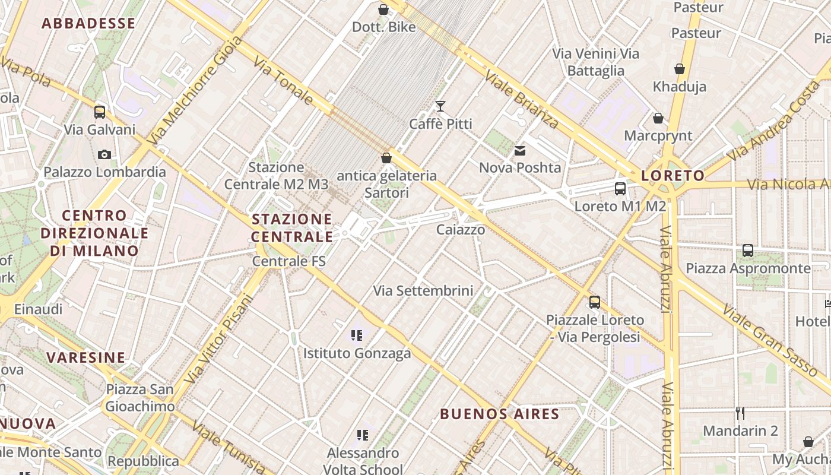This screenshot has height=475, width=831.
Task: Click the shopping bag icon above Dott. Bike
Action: coord(383,9)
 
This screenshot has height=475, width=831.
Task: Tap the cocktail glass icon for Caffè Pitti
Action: coord(440,106)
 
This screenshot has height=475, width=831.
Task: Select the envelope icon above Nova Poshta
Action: coord(520,151)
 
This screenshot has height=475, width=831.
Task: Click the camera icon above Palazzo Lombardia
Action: coord(104,155)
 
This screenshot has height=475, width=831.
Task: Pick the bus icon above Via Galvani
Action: coord(100,112)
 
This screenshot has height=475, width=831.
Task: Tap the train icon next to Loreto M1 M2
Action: coord(620,189)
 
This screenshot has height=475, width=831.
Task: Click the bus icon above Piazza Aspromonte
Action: coord(748,251)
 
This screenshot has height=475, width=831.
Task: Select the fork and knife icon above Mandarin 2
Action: coord(740,413)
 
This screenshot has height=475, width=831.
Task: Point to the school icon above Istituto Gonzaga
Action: coord(357,335)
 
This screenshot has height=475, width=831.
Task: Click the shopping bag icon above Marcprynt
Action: coord(658,118)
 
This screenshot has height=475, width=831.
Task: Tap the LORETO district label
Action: coord(673,176)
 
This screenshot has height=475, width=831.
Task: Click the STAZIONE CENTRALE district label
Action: coord(292,228)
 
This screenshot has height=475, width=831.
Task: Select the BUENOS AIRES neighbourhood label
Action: coord(500,414)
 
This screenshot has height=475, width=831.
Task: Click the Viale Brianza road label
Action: coord(522,99)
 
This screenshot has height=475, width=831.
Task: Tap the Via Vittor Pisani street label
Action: coord(220,338)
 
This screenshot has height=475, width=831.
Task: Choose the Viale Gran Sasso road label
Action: coord(769,339)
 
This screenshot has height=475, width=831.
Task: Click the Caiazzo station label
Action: coord(461,230)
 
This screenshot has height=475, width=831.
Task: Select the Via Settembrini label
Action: coord(423,291)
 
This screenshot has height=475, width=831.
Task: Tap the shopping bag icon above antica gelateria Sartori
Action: coord(386,158)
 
